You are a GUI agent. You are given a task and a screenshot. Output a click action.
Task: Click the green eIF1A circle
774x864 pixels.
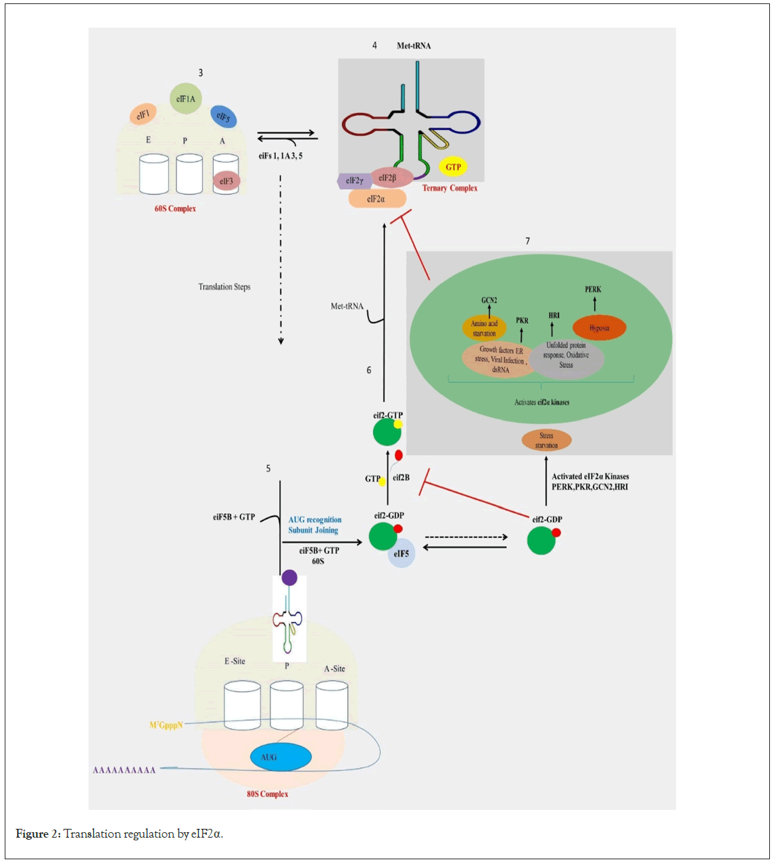pos(185,99)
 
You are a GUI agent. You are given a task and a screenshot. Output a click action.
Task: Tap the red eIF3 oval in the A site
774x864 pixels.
pos(226,181)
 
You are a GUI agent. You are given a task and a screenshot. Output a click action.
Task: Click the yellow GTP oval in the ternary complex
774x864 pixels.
pos(453,167)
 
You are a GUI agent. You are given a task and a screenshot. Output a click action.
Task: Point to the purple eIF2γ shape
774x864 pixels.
pos(353,181)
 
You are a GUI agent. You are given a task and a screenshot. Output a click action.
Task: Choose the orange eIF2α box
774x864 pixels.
pos(377,199)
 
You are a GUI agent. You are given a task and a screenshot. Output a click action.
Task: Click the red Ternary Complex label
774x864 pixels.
pos(450,188)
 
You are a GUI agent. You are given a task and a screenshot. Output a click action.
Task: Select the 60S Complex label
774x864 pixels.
pos(175,209)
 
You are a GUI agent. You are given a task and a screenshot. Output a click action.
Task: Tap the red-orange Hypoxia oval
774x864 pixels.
pos(599,328)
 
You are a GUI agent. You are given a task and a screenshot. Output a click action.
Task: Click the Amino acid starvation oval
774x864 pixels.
pos(484,329)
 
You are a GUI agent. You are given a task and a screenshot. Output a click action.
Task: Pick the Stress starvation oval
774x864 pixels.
pos(546,440)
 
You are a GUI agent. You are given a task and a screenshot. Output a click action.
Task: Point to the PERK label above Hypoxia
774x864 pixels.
pos(593,289)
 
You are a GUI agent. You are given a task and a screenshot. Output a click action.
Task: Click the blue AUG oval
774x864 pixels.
pos(281,757)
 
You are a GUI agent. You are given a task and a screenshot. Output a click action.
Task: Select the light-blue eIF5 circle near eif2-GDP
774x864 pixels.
pos(402,554)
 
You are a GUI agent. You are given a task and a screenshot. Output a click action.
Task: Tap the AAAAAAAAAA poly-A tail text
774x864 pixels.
pos(124,770)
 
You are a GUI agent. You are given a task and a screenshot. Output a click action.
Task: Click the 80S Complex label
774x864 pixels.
pos(267,794)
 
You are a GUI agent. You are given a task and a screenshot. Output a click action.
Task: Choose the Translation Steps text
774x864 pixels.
pos(224,287)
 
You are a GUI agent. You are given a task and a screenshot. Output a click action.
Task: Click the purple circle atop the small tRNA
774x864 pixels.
pos(289,577)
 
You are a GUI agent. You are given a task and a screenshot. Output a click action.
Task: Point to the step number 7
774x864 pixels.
pos(528,241)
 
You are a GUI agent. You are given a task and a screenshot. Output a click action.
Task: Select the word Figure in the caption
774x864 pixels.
pos(32,834)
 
